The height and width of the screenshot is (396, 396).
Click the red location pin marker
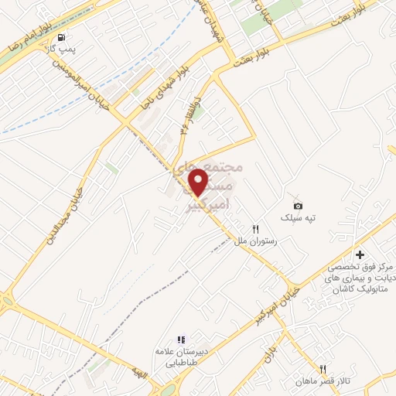(200, 181)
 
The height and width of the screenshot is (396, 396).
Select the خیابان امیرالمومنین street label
(80, 76)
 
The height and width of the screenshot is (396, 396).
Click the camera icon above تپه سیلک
(298, 205)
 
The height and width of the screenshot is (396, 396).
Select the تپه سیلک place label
(299, 218)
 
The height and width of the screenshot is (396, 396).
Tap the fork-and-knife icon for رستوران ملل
(245, 229)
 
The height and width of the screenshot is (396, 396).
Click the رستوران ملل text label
(251, 241)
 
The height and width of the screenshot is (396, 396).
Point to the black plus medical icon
(360, 254)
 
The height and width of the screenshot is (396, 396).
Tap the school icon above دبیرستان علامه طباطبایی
(181, 339)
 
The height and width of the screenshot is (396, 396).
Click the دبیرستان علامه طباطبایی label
(183, 356)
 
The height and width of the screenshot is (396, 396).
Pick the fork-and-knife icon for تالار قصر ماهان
(323, 369)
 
